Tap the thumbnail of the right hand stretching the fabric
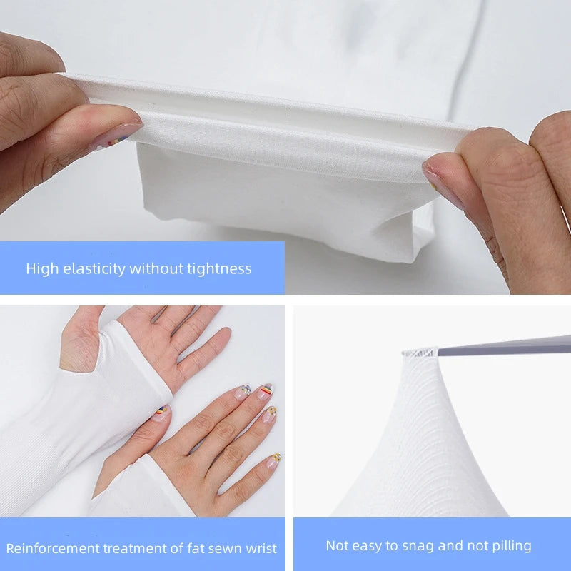pyautogui.click(x=438, y=173)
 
